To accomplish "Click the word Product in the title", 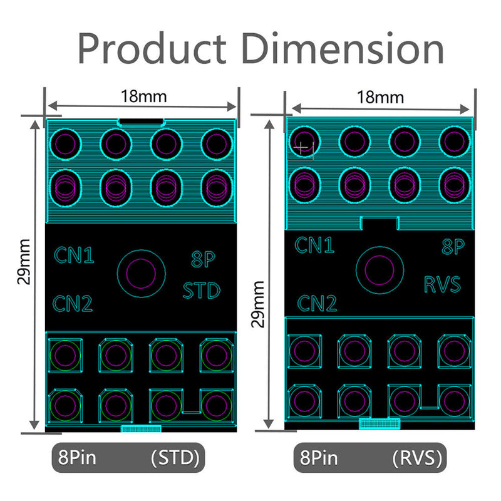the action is [x=152, y=48].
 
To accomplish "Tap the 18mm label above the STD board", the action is [x=144, y=96].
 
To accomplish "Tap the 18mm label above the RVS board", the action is [x=380, y=97].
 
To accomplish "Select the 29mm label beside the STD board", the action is [x=24, y=262].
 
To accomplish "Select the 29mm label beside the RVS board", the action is [x=257, y=304].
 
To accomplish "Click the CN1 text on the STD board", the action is [x=74, y=256].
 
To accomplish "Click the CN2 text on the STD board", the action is [x=73, y=303].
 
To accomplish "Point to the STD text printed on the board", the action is [x=202, y=291].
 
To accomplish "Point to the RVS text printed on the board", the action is [x=443, y=284].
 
